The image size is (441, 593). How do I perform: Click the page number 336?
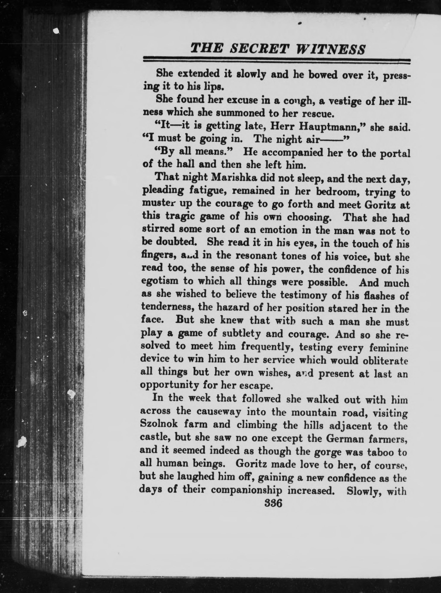[x=273, y=503]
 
